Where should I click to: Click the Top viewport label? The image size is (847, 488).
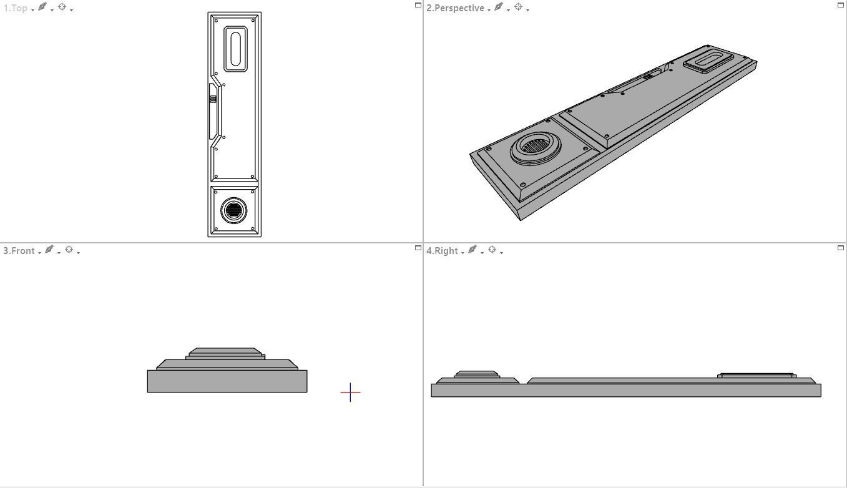click(x=16, y=8)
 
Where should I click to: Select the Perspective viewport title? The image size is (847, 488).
click(x=455, y=8)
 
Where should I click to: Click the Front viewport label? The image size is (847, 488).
click(x=19, y=251)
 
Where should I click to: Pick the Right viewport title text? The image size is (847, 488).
click(x=442, y=251)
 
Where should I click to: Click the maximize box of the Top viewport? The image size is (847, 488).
click(x=418, y=5)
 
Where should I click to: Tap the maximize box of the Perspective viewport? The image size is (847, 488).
click(x=840, y=5)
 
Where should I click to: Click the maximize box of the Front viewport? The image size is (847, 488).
click(x=418, y=248)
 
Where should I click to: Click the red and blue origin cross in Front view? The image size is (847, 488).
click(x=350, y=393)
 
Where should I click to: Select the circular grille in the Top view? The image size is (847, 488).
click(x=234, y=210)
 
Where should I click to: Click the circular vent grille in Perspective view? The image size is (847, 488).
click(x=535, y=147)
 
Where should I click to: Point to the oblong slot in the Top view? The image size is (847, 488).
click(x=235, y=48)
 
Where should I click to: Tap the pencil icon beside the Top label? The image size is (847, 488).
click(x=42, y=7)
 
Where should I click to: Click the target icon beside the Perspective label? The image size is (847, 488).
click(x=518, y=7)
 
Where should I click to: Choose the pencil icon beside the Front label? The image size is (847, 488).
click(x=49, y=250)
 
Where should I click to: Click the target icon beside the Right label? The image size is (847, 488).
click(x=492, y=250)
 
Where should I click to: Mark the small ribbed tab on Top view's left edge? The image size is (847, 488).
click(x=213, y=99)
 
